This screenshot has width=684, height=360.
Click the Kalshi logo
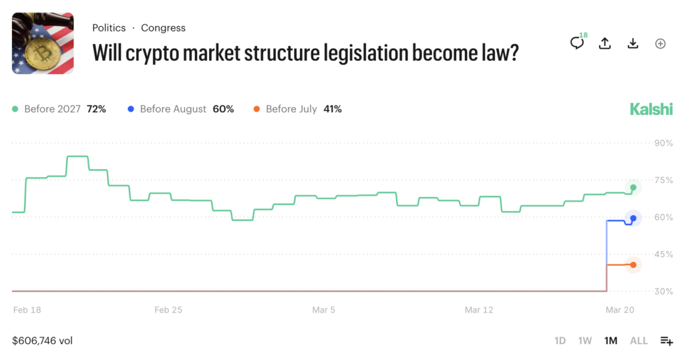point(651,110)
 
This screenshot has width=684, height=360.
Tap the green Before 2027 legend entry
point(59,109)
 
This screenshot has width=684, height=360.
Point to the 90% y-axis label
point(663,143)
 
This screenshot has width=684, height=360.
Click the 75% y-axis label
point(663,180)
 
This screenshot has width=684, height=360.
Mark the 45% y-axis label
point(663,254)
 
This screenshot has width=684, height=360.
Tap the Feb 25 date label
point(168,310)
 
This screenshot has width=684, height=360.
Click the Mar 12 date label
point(479,310)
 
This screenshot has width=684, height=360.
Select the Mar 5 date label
point(324,310)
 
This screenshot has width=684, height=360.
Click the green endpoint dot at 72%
point(633,188)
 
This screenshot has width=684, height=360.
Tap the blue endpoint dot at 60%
point(633,218)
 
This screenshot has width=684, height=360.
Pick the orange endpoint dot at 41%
point(633,265)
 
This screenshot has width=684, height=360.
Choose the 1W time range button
point(585,341)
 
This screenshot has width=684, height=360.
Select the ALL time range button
point(639,341)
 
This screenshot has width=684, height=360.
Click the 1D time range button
point(560,341)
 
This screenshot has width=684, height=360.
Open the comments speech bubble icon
point(576,43)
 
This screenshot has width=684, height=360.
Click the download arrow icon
point(633,43)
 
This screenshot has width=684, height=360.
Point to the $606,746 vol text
point(42,341)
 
